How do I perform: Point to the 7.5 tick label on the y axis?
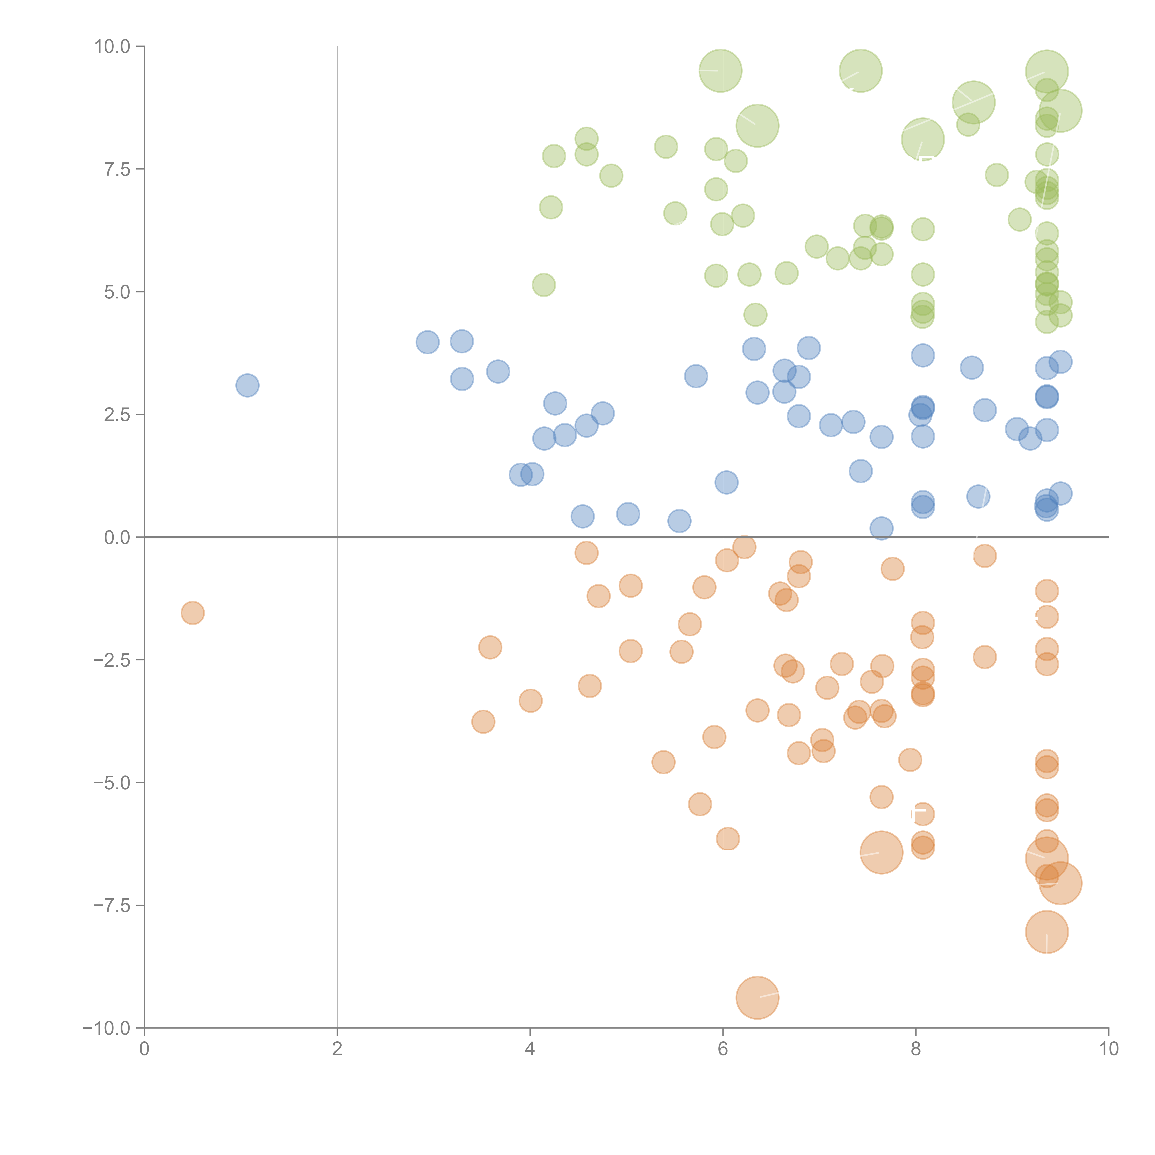(x=117, y=169)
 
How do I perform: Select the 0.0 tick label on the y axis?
(x=117, y=538)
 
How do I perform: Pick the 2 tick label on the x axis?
(x=337, y=1049)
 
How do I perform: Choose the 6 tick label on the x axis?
(x=723, y=1049)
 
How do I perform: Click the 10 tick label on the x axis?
(x=1108, y=1049)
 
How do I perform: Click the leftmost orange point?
(x=192, y=613)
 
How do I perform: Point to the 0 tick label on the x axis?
(x=144, y=1049)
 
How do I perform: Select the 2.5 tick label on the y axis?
(x=117, y=415)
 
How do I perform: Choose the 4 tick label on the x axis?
(x=530, y=1049)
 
